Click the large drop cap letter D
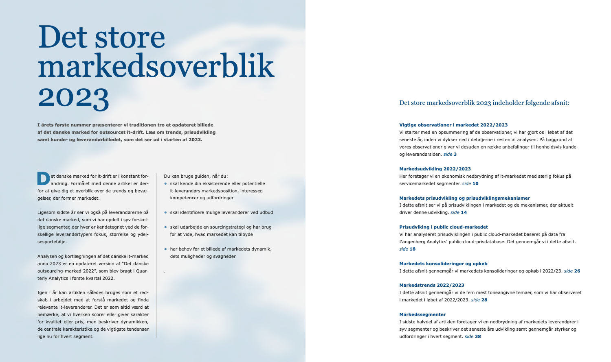point(44,179)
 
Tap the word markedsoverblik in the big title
point(156,67)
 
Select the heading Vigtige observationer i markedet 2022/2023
point(453,125)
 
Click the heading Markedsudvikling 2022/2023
point(435,169)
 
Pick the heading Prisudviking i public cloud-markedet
point(443,227)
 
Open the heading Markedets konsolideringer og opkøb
point(443,264)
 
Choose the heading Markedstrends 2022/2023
point(431,285)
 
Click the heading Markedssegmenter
point(422,314)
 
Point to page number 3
point(455,154)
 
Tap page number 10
point(475,183)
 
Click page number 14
point(464,212)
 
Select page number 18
point(413,249)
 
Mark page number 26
point(577,271)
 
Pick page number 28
point(484,300)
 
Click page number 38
point(478,336)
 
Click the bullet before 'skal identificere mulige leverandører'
point(165,212)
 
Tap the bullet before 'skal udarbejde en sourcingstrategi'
point(165,227)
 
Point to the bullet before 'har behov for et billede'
point(165,249)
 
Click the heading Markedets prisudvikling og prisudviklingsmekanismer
point(464,198)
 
